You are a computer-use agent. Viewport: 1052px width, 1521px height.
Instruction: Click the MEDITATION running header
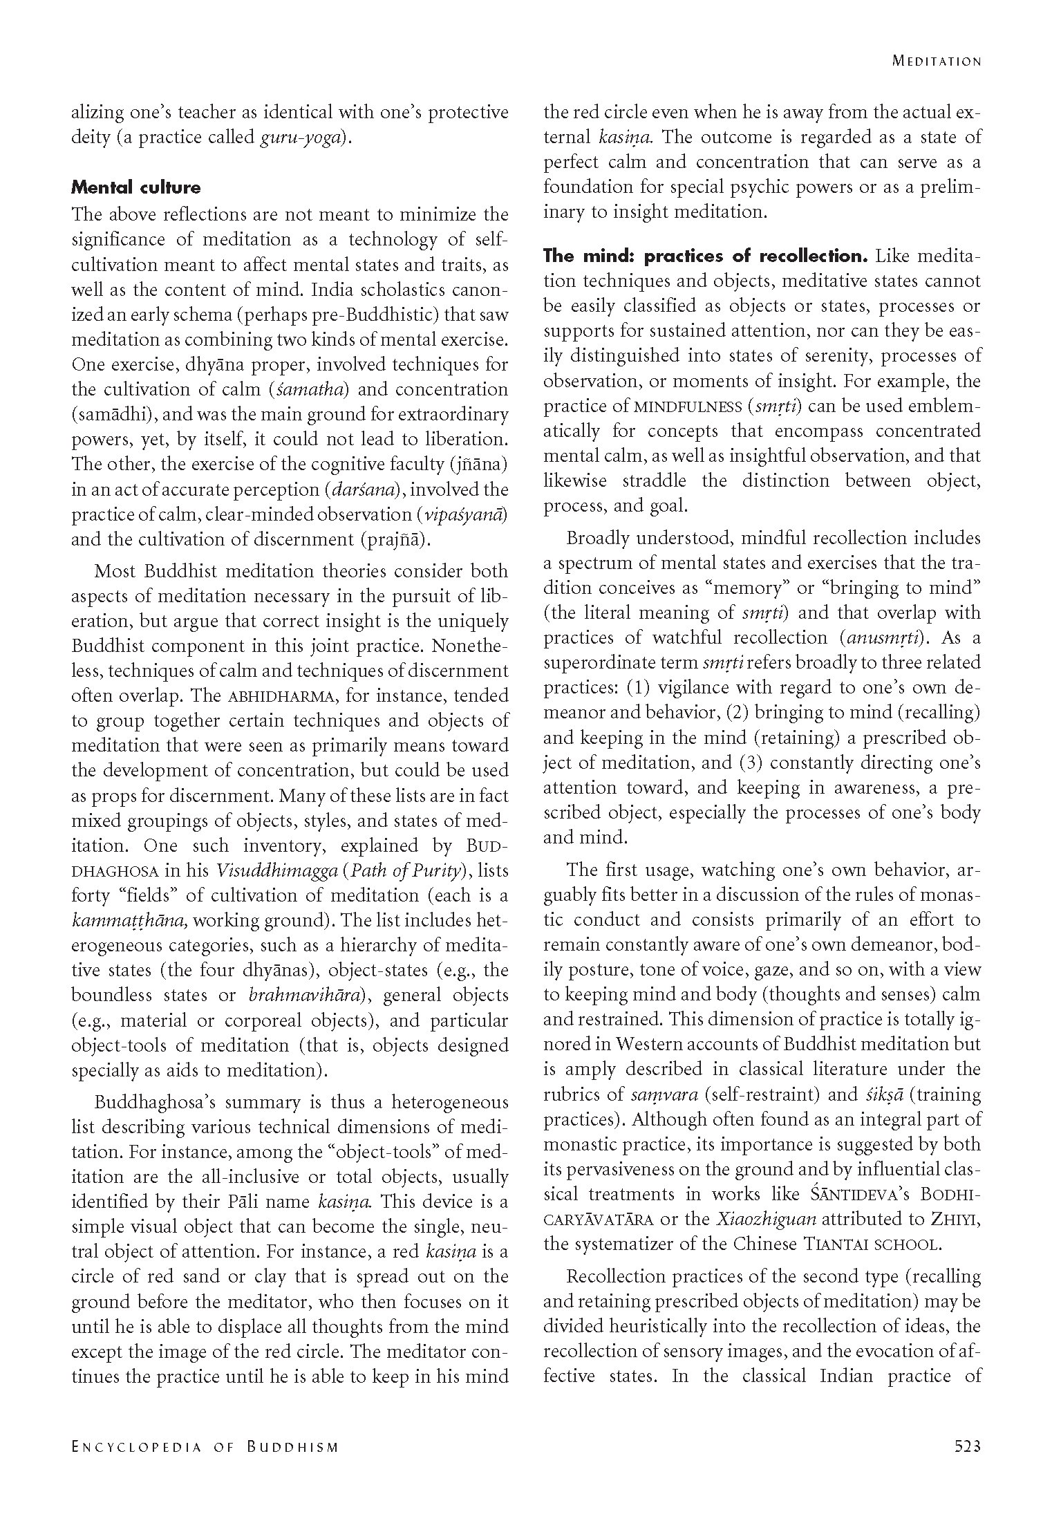[x=937, y=61]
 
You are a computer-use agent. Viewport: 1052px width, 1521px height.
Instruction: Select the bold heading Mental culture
[x=136, y=187]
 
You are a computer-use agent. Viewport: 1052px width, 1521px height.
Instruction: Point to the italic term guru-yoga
[x=302, y=138]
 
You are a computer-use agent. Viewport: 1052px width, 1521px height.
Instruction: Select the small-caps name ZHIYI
[x=955, y=1219]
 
